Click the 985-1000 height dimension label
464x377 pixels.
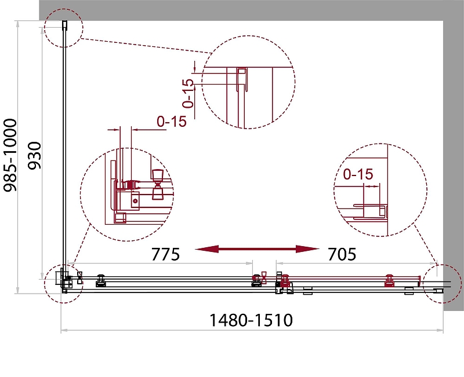10,155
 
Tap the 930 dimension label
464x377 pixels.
34,156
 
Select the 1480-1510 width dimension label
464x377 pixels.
251,320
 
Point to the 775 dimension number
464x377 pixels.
165,254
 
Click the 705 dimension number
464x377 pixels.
342,254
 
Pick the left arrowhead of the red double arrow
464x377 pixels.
206,250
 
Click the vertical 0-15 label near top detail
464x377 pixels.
188,93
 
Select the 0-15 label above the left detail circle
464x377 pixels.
172,121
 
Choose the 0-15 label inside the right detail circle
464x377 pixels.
358,174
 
